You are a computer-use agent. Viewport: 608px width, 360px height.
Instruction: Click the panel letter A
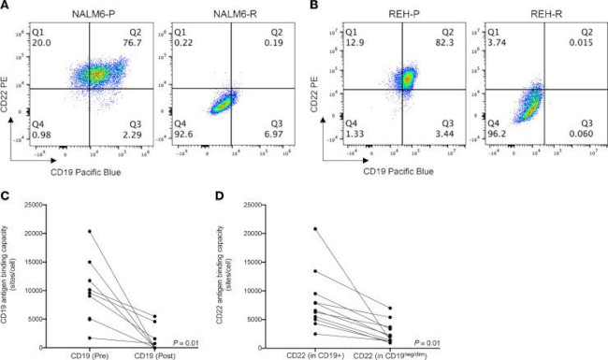coord(7,7)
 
